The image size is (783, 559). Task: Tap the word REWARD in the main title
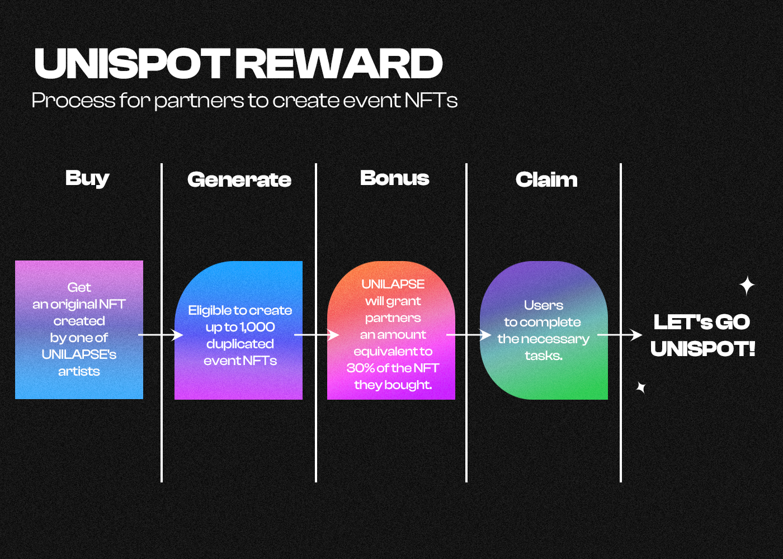(339, 63)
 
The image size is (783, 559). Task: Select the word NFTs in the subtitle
(431, 100)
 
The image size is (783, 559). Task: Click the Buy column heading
(87, 178)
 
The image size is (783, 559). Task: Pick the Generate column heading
(239, 179)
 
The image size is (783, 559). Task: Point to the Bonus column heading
(394, 178)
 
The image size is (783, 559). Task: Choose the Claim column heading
(546, 179)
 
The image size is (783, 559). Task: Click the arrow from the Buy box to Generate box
(161, 335)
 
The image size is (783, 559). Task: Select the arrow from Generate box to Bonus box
(317, 335)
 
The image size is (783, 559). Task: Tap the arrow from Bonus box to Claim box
(469, 335)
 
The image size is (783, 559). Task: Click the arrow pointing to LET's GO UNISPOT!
(620, 335)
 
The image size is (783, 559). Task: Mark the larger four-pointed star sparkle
(747, 286)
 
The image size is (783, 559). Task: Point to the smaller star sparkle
(641, 387)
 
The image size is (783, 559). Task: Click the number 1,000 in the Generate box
(257, 327)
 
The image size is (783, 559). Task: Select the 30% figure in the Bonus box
(360, 368)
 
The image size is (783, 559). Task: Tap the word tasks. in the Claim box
(544, 356)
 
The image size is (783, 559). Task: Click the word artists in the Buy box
(79, 371)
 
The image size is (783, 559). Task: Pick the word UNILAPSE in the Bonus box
(393, 284)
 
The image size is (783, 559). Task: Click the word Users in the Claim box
(544, 305)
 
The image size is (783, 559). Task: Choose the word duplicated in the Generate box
(240, 344)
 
